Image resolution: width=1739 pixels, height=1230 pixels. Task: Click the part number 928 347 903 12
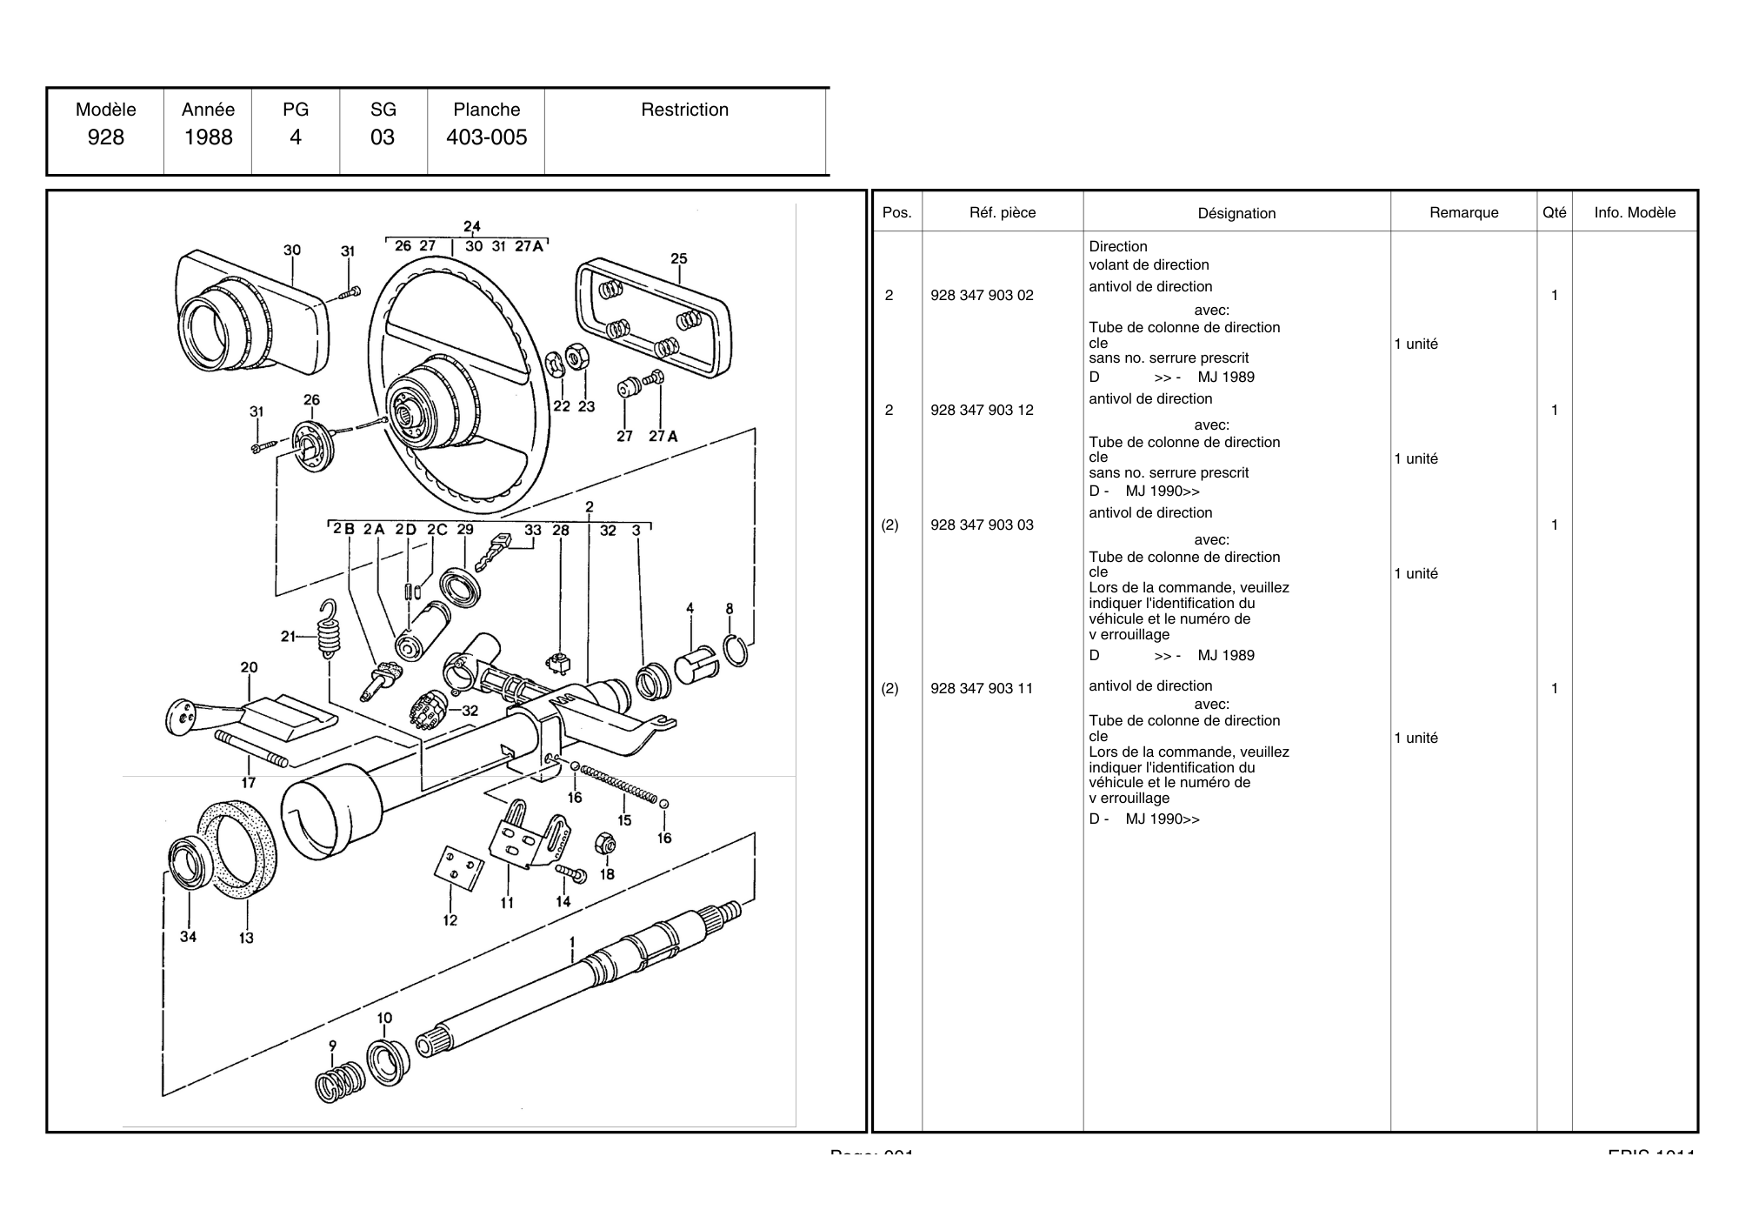tap(982, 410)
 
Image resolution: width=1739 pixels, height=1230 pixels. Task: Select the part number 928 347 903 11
tap(982, 688)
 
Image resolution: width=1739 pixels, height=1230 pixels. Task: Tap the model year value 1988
tap(208, 137)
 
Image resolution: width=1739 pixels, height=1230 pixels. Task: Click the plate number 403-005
tap(486, 137)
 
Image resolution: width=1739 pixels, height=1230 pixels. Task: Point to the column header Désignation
tap(1236, 213)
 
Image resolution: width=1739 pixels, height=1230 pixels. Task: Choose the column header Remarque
tap(1463, 212)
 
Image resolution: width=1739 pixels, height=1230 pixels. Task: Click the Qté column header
tap(1554, 212)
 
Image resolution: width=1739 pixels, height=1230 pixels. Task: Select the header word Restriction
tap(684, 110)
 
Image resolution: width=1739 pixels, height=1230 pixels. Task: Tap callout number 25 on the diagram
tap(679, 258)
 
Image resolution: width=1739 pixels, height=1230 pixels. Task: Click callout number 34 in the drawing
tap(188, 936)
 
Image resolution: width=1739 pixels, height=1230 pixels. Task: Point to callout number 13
tap(246, 938)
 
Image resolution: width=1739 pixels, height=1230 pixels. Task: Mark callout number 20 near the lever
tap(249, 667)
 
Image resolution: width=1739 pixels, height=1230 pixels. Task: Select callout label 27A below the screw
tap(663, 436)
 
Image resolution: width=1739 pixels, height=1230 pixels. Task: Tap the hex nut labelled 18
tap(606, 843)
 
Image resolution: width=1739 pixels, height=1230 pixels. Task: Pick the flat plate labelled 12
tap(458, 867)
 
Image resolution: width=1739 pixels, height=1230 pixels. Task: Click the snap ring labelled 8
tap(736, 651)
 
